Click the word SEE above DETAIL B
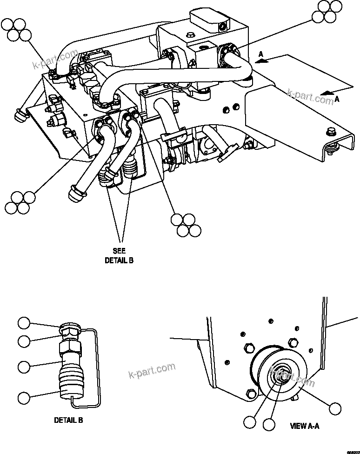[x=119, y=251]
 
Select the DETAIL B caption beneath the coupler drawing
[x=68, y=420]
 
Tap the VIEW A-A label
[x=304, y=425]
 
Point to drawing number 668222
[x=353, y=450]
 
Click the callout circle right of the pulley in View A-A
[x=335, y=408]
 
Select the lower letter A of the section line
[x=337, y=99]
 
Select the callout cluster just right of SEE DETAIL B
[x=186, y=225]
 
